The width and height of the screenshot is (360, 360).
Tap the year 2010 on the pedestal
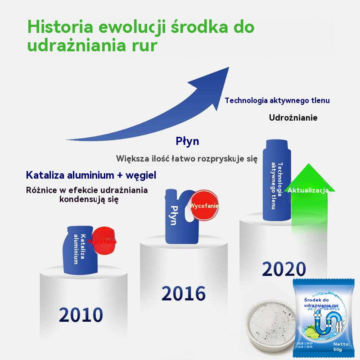(x=81, y=315)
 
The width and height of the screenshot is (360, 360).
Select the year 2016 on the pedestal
(x=184, y=293)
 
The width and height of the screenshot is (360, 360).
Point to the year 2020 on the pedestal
(x=284, y=269)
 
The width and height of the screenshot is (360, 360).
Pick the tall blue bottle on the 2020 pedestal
(x=276, y=180)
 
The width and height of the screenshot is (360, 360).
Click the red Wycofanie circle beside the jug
(x=205, y=205)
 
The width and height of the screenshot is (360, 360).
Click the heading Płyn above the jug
(x=187, y=141)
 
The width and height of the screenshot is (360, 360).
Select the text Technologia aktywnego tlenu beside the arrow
(x=277, y=100)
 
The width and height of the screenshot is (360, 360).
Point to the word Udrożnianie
(x=293, y=118)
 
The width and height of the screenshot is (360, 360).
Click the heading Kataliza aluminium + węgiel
(x=91, y=175)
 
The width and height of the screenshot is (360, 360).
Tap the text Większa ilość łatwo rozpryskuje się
(x=186, y=158)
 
